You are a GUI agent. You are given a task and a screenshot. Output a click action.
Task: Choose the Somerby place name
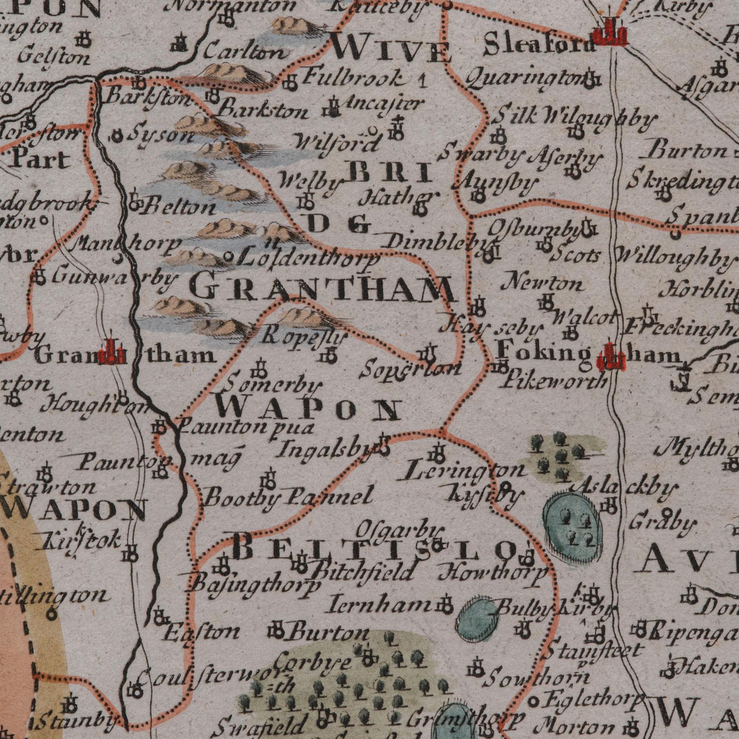(275, 384)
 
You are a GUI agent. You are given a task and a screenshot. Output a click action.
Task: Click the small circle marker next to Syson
(117, 136)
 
